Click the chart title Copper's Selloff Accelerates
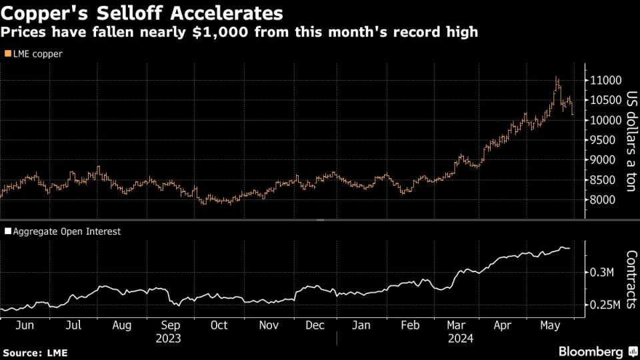coord(141,13)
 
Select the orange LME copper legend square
coord(7,54)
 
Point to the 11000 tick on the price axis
coord(605,81)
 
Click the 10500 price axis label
coord(605,101)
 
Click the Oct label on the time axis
coord(219,325)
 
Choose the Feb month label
coord(409,325)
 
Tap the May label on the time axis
coord(549,325)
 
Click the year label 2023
coord(169,338)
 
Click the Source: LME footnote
coord(35,352)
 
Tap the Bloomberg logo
coord(591,351)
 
